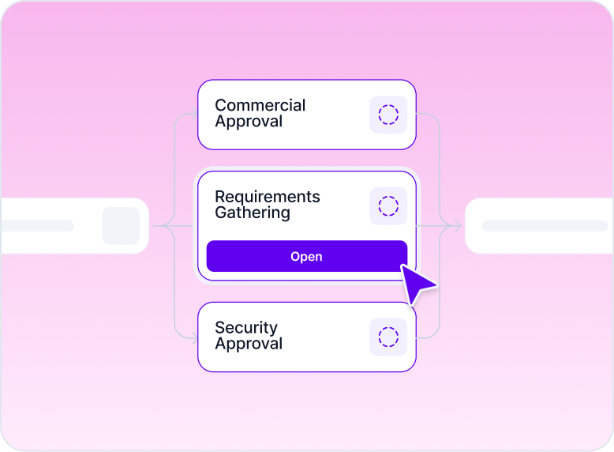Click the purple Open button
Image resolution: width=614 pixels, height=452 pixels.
pyautogui.click(x=237, y=257)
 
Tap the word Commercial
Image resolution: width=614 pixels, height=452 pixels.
pyautogui.click(x=260, y=105)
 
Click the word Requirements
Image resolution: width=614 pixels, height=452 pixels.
pyautogui.click(x=267, y=197)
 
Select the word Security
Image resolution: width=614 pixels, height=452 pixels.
pyautogui.click(x=246, y=328)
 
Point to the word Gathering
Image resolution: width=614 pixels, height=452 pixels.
pyautogui.click(x=252, y=213)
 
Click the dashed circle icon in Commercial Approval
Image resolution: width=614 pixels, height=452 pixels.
pyautogui.click(x=388, y=115)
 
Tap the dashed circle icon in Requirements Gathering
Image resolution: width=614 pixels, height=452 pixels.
pyautogui.click(x=388, y=206)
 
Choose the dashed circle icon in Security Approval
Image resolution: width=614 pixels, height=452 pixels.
pyautogui.click(x=388, y=337)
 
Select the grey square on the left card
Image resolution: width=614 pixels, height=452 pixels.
pyautogui.click(x=121, y=226)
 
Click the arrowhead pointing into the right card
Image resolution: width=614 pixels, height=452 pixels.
pyautogui.click(x=456, y=227)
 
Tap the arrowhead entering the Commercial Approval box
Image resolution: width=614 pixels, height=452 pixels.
pyautogui.click(x=194, y=115)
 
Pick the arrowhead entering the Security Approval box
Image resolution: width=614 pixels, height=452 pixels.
pyautogui.click(x=194, y=338)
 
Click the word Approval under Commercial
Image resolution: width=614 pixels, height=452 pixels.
pyautogui.click(x=249, y=122)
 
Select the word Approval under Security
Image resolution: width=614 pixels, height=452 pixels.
pyautogui.click(x=249, y=345)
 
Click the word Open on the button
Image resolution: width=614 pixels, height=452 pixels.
pyautogui.click(x=306, y=257)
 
